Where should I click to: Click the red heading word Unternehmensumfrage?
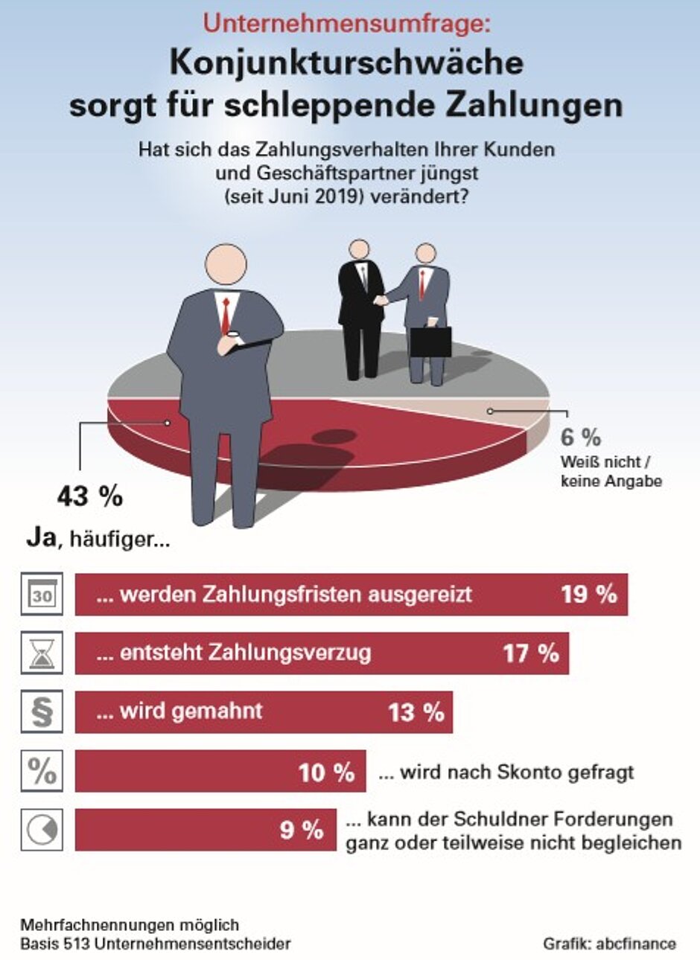coord(347,24)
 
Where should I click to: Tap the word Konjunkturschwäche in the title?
coord(346,63)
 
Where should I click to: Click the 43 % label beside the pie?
coord(90,496)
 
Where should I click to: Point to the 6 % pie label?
coord(580,438)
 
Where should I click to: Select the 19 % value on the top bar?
coord(589,594)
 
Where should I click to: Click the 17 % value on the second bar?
coord(531,653)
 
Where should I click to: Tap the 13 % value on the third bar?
coord(416,712)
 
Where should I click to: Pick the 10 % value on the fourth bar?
coord(326,772)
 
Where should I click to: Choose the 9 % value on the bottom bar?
coord(302,830)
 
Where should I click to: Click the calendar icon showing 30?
coord(42,594)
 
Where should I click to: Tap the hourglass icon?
coord(42,653)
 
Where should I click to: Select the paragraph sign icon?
coord(42,712)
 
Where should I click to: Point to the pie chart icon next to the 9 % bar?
coord(42,830)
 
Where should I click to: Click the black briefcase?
coord(430,341)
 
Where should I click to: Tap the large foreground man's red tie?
coord(225,316)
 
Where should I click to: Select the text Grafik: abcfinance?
coord(609,944)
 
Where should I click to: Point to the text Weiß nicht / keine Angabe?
coord(611,472)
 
